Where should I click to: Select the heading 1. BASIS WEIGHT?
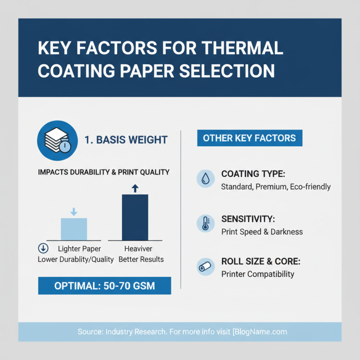(126, 140)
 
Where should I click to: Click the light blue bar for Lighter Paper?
(74, 229)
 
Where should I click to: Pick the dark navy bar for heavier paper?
(135, 217)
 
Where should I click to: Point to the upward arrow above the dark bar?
(135, 188)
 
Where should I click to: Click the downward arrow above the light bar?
(74, 211)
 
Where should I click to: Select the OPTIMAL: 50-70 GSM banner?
(104, 286)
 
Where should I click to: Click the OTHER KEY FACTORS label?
(250, 138)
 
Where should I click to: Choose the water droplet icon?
(206, 179)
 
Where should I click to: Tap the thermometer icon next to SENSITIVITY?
(206, 224)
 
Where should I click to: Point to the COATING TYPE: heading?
(253, 174)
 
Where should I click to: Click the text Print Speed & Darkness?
(262, 232)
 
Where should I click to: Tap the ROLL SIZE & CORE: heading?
(261, 261)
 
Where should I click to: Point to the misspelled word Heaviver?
(138, 249)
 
